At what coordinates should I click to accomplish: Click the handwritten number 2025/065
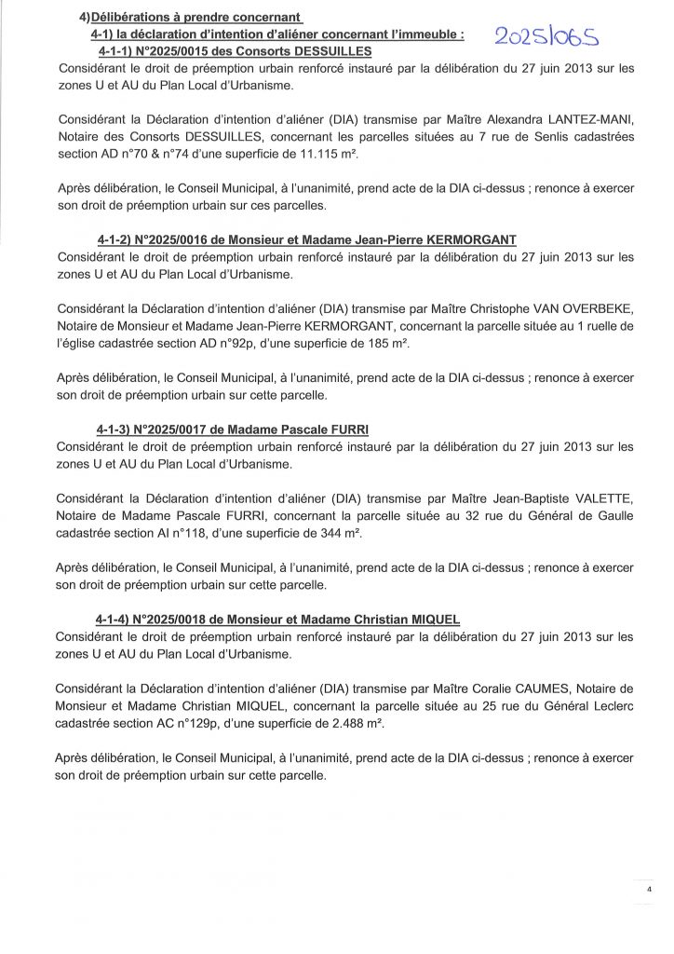[x=547, y=36]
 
